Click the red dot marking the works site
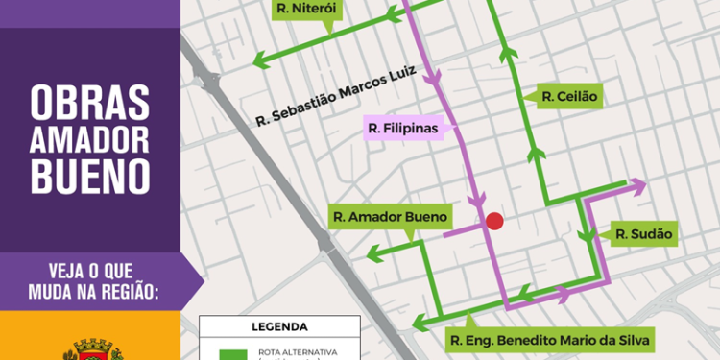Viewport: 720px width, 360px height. pyautogui.click(x=494, y=221)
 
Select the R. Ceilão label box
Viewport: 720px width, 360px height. pyautogui.click(x=569, y=97)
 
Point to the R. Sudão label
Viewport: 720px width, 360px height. pyautogui.click(x=642, y=233)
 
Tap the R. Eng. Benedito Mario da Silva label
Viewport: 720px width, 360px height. pyautogui.click(x=550, y=339)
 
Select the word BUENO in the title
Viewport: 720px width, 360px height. pyautogui.click(x=89, y=177)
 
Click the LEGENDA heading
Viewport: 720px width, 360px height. pyautogui.click(x=279, y=326)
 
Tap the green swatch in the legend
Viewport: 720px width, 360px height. pyautogui.click(x=230, y=353)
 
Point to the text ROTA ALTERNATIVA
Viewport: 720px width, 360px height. pyautogui.click(x=298, y=351)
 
